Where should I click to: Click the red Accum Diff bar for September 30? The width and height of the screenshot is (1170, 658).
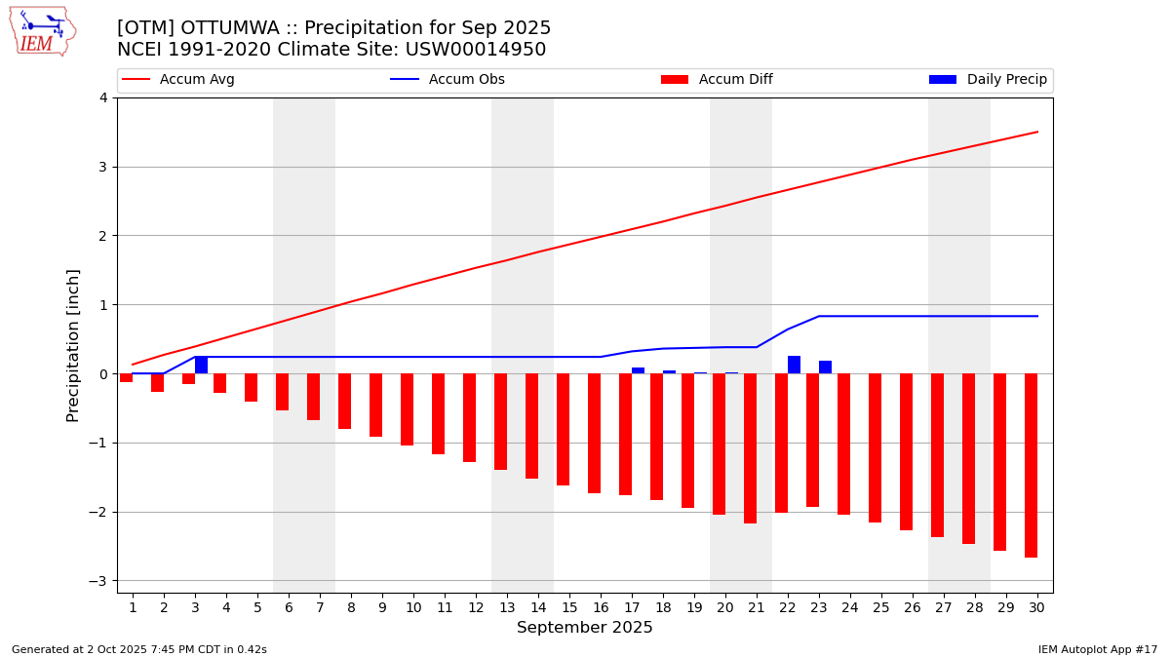pyautogui.click(x=1031, y=465)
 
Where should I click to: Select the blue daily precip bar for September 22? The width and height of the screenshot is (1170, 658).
pyautogui.click(x=794, y=365)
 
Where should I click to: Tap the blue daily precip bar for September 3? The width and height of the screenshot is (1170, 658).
pyautogui.click(x=201, y=365)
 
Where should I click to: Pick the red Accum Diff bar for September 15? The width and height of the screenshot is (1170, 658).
pyautogui.click(x=563, y=429)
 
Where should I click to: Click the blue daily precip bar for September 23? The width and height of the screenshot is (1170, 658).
pyautogui.click(x=825, y=368)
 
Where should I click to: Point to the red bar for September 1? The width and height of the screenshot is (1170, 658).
pyautogui.click(x=126, y=377)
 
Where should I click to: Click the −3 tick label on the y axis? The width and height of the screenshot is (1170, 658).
pyautogui.click(x=99, y=581)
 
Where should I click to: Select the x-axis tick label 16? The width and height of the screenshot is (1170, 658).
pyautogui.click(x=601, y=608)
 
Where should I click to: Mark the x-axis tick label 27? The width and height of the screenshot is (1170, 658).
pyautogui.click(x=944, y=608)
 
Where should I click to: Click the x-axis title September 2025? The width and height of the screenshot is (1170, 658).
pyautogui.click(x=585, y=628)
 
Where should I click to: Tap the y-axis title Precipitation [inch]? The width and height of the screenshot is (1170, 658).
pyautogui.click(x=73, y=345)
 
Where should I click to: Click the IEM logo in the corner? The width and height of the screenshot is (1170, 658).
pyautogui.click(x=42, y=31)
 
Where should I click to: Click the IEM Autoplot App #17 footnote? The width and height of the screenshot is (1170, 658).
pyautogui.click(x=1097, y=649)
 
